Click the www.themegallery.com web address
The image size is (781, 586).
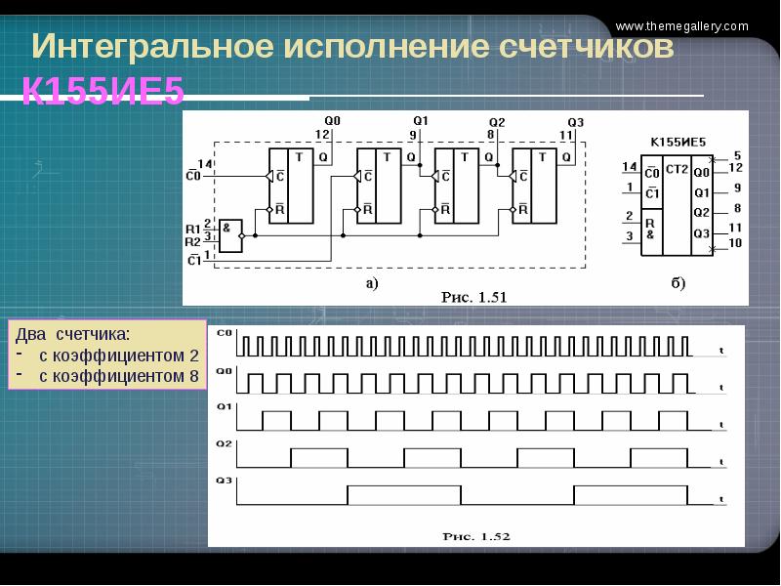697,26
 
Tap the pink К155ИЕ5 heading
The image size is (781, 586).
103,91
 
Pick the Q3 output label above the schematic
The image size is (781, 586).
576,122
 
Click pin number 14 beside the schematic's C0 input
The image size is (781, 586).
205,162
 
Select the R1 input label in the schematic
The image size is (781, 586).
192,229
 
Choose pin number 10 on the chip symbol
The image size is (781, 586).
735,242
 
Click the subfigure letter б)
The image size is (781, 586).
678,283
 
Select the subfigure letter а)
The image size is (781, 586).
371,283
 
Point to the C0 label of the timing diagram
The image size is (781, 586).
224,333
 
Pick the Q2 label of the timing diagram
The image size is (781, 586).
224,443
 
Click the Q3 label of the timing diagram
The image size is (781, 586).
224,481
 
